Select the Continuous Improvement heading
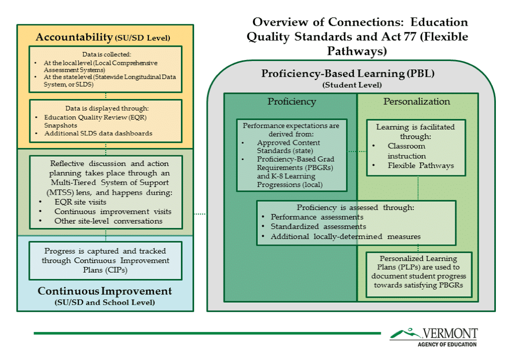(x=105, y=291)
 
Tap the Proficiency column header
(x=291, y=102)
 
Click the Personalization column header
(x=416, y=102)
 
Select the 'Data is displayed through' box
(x=106, y=121)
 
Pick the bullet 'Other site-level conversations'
(x=108, y=221)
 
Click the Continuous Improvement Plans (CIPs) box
(x=106, y=261)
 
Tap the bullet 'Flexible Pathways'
(x=421, y=166)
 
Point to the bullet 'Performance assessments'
(x=317, y=217)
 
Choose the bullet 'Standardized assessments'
(x=318, y=227)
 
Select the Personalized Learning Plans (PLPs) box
(x=419, y=272)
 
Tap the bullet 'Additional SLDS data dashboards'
(x=98, y=133)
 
